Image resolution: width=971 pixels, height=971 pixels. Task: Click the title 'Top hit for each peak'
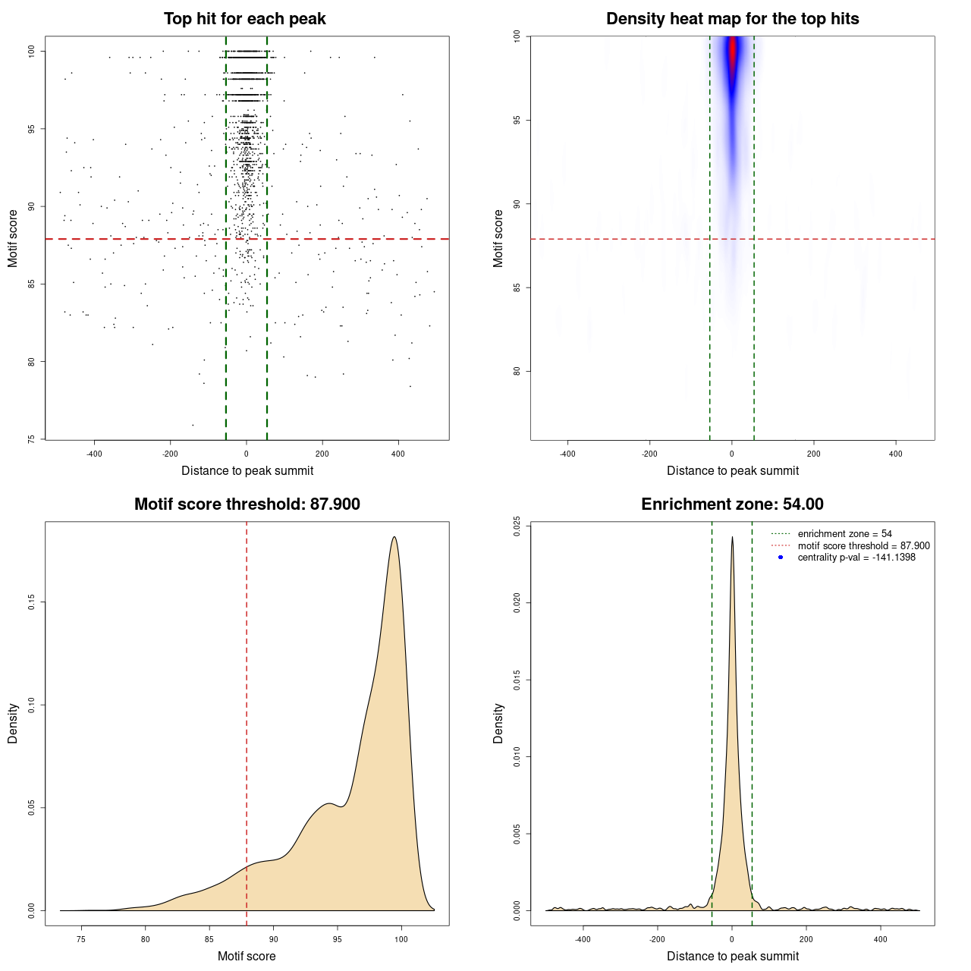pos(244,19)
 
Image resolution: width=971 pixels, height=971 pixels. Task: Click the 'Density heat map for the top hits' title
pos(732,19)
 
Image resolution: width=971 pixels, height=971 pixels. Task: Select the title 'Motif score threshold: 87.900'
pos(247,504)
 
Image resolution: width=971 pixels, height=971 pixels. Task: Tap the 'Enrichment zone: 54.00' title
pos(732,504)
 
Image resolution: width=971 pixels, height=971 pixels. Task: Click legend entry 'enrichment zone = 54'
pos(844,534)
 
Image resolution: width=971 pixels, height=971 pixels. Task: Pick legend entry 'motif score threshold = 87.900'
pos(863,545)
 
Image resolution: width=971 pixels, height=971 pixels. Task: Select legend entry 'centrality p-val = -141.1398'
pos(856,558)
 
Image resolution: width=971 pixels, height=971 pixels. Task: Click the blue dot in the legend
pos(781,558)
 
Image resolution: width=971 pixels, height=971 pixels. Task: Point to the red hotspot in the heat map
pos(733,53)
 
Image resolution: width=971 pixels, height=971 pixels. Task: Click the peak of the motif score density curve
pos(394,537)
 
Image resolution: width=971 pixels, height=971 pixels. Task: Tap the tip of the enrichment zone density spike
pos(732,537)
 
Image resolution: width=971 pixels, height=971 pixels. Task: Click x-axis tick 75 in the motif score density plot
pos(82,939)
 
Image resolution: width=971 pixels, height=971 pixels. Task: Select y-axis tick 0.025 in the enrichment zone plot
pos(517,526)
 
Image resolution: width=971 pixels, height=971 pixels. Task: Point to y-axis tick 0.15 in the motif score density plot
pos(31,602)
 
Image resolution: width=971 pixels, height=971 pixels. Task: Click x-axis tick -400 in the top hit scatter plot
pos(94,454)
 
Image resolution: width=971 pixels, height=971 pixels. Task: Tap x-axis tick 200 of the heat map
pos(814,454)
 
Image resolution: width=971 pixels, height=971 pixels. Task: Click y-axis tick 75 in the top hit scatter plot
pos(31,438)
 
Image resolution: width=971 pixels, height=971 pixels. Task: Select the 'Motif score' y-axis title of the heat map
pos(498,238)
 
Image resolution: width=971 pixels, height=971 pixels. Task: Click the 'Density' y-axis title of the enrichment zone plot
pos(498,723)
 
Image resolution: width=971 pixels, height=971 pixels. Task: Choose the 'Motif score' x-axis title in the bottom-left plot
pos(247,956)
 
